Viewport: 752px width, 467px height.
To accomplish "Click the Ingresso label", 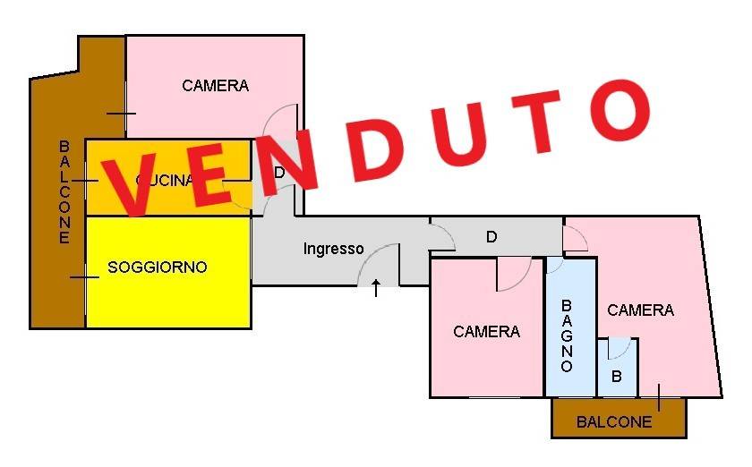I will [x=333, y=249].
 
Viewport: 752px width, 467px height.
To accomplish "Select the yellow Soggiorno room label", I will [x=158, y=267].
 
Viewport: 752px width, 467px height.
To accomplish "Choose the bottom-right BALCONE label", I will [x=614, y=422].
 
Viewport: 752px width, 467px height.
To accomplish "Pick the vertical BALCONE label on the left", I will [x=64, y=191].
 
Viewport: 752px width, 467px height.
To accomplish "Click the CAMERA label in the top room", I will [x=215, y=86].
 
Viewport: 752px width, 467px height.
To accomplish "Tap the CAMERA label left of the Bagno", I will [x=486, y=331].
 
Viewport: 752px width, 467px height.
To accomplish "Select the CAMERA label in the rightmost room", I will [x=640, y=310].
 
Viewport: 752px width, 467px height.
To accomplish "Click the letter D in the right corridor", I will [x=491, y=237].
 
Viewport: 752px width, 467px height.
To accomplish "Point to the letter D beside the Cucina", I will [x=279, y=173].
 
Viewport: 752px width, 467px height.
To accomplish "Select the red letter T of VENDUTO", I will [x=533, y=121].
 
